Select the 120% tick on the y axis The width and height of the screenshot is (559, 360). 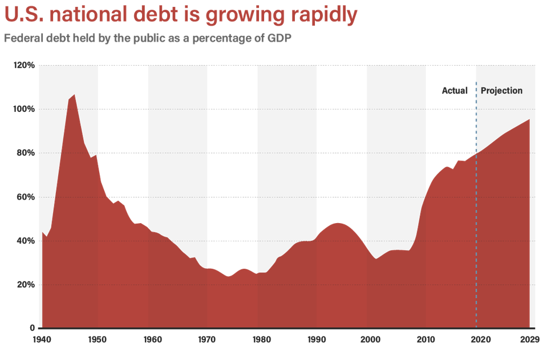(x=25, y=66)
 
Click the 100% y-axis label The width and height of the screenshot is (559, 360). (x=25, y=110)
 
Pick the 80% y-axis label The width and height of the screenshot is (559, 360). (x=26, y=153)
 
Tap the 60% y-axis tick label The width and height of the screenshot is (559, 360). (x=26, y=197)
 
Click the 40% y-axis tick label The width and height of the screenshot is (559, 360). (x=26, y=241)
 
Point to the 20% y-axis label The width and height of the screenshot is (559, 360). (x=26, y=285)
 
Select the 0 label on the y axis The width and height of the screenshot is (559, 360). (x=33, y=329)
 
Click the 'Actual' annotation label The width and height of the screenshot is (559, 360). (x=455, y=91)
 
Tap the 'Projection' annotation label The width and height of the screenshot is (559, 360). (x=501, y=91)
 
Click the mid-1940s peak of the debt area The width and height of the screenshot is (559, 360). (x=74, y=95)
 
